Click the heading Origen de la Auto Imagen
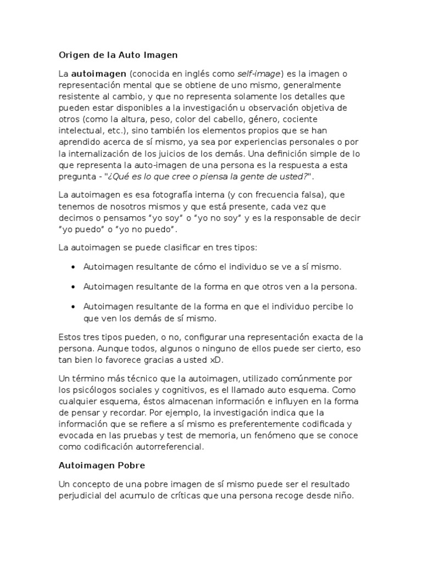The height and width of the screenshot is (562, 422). point(118,55)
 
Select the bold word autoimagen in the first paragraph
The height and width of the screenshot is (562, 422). point(92,74)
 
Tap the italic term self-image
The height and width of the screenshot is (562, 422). point(259,74)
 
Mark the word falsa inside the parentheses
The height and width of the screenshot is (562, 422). point(301,195)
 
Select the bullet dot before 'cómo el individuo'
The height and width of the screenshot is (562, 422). point(74,267)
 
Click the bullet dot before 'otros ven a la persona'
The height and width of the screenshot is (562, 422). point(74,286)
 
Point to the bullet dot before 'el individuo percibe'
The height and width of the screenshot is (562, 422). point(74,306)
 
